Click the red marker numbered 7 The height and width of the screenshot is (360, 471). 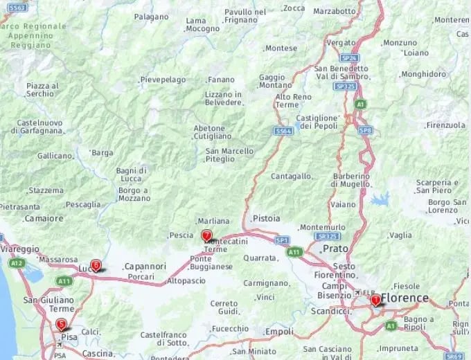(206, 235)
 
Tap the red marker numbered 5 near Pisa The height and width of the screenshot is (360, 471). (62, 324)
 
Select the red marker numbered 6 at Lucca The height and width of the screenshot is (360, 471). (96, 264)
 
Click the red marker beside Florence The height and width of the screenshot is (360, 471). (375, 300)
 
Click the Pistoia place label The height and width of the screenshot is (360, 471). (267, 218)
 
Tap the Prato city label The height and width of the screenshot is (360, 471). (336, 248)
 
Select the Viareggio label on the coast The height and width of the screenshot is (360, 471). (20, 249)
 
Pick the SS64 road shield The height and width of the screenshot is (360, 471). (283, 130)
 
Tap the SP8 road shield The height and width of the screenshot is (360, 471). (365, 130)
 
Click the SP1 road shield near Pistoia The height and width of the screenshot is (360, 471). (282, 240)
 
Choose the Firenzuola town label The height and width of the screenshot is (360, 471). (446, 125)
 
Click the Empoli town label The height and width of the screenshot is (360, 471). (280, 332)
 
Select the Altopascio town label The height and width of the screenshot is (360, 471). (186, 280)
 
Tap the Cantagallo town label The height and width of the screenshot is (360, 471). (291, 177)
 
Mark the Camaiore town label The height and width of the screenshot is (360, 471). (44, 218)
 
